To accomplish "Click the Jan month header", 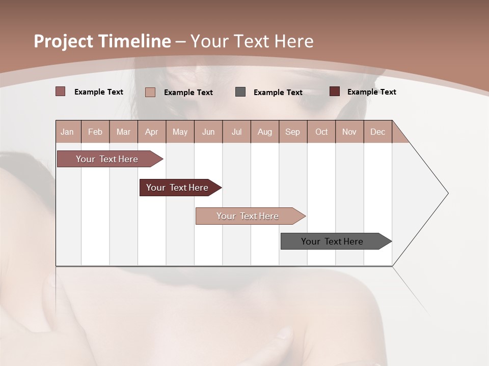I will pyautogui.click(x=67, y=132).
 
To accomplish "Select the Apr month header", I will pyautogui.click(x=152, y=132).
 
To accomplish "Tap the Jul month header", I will pyautogui.click(x=236, y=132).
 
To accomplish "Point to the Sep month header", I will pyautogui.click(x=292, y=132).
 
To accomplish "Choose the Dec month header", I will pyautogui.click(x=377, y=132).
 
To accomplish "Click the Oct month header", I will pyautogui.click(x=321, y=132).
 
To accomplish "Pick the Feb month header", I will pyautogui.click(x=95, y=132).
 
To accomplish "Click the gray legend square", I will pyautogui.click(x=240, y=92).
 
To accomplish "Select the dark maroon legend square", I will pyautogui.click(x=335, y=91).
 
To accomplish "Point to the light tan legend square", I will pyautogui.click(x=150, y=92).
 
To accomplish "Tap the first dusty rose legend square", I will pyautogui.click(x=61, y=91).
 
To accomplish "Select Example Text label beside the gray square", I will pyautogui.click(x=278, y=93).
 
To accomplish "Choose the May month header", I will pyautogui.click(x=180, y=132).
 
